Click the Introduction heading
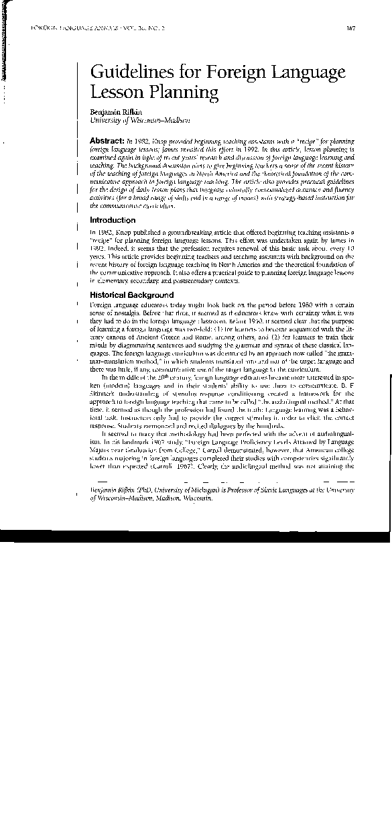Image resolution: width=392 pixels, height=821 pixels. click(113, 220)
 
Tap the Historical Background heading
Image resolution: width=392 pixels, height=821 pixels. click(131, 294)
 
